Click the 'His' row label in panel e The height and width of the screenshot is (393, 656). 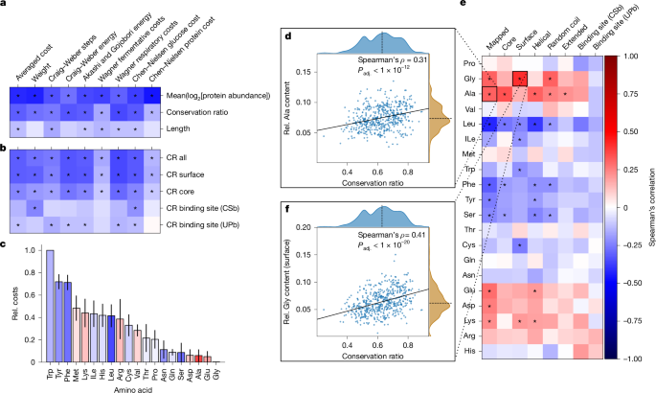point(471,352)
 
